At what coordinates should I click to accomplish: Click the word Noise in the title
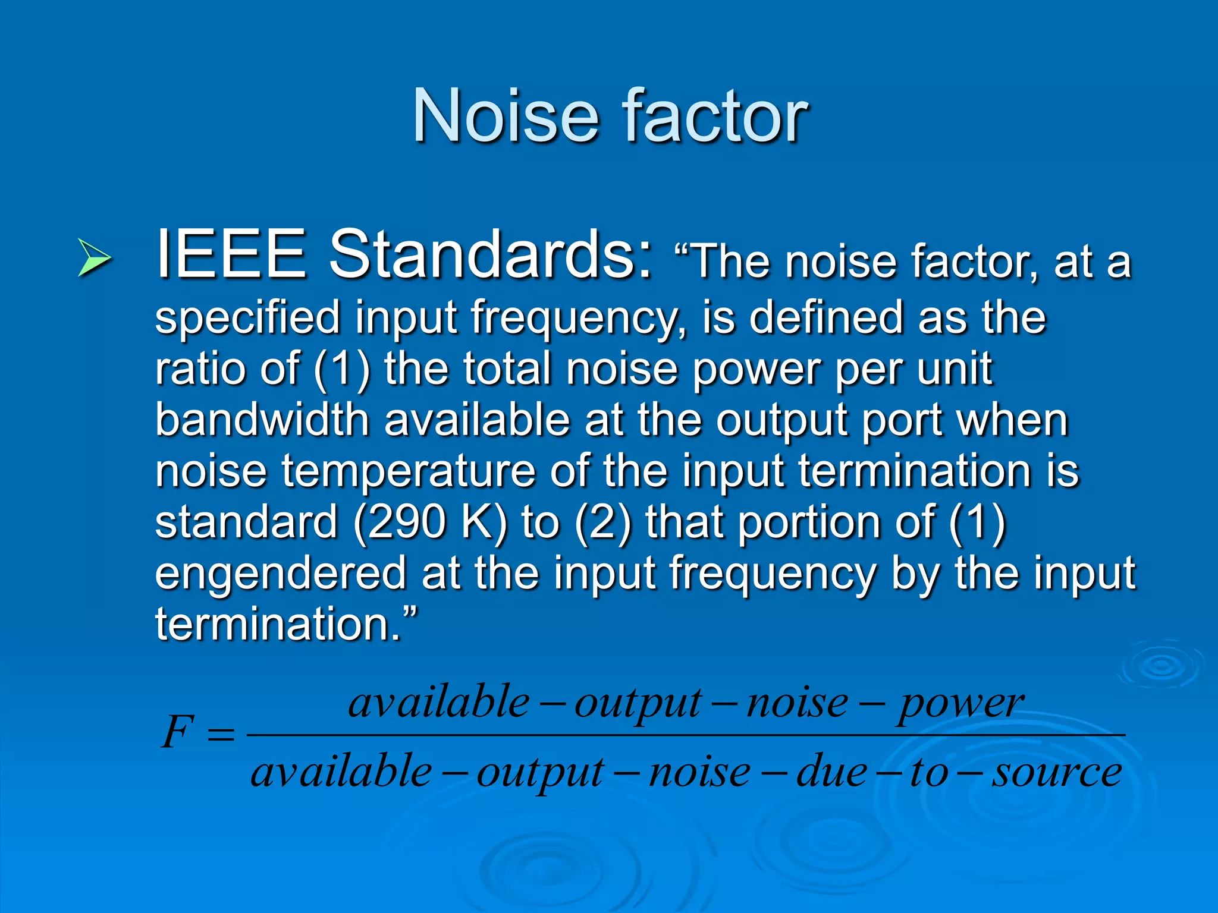tap(505, 115)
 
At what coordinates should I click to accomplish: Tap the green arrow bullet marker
tap(94, 258)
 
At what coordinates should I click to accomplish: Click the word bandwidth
tap(262, 420)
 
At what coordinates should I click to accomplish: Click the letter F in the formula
tap(178, 733)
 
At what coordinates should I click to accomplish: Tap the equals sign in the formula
tap(221, 735)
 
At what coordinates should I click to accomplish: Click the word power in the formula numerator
tap(960, 704)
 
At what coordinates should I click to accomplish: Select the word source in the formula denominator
tap(1056, 773)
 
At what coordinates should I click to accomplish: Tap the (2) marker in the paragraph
tap(603, 522)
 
